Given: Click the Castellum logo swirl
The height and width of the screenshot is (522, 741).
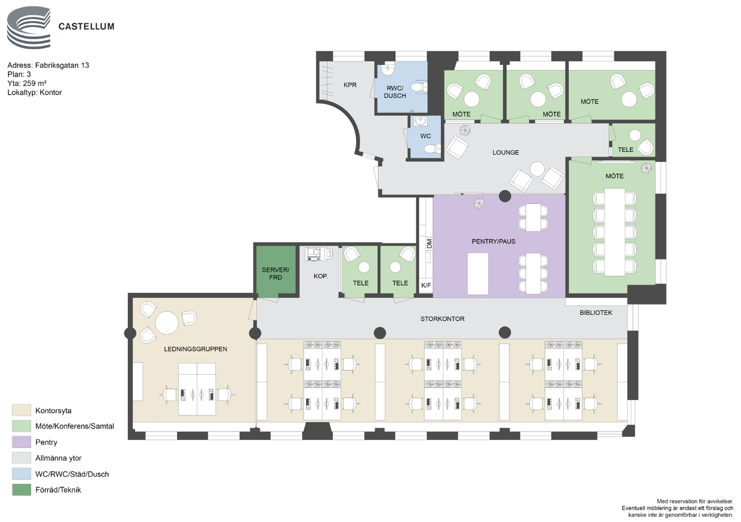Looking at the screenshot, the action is pos(29,28).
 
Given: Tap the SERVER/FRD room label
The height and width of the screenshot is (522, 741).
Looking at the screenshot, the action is pos(275,273).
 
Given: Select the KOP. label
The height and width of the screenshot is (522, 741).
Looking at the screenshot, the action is pos(320,276).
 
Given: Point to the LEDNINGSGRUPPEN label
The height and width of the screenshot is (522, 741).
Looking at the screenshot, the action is pos(196,349).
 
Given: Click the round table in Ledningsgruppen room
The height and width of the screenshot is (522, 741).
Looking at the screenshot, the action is pos(166,323).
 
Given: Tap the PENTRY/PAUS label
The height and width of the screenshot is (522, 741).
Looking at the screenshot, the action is pos(494,242).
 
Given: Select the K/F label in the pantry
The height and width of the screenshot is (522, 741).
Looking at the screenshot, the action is pos(426,285).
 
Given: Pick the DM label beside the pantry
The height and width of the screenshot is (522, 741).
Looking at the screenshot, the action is pos(429,244).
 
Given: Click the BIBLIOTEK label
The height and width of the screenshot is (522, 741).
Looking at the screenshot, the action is pos(596,313).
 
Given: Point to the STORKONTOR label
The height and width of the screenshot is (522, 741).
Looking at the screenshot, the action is pos(442,319).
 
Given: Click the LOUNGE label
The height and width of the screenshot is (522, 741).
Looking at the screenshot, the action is pos(505,152).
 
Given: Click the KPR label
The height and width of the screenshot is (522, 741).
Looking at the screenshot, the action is pos(350,85).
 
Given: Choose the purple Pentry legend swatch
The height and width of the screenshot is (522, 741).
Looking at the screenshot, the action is pos(21,442).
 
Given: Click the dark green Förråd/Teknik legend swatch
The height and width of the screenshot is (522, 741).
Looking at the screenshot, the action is pos(21,490).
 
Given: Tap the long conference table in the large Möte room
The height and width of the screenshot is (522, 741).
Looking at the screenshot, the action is pos(615,232).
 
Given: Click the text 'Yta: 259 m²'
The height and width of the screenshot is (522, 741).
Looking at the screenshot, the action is pos(27,83).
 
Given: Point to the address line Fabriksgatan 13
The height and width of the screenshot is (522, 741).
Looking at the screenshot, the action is pos(48,65).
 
